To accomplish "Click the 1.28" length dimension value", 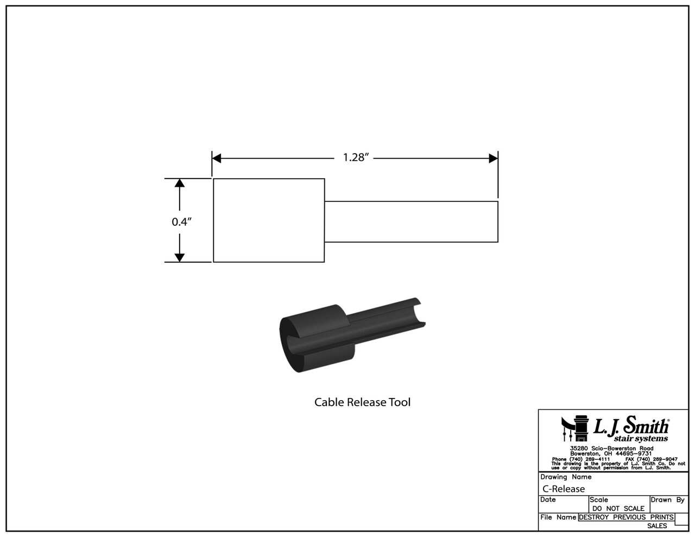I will tap(356, 158).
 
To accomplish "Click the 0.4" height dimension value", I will tap(182, 222).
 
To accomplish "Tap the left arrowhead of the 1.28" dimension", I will tap(217, 158).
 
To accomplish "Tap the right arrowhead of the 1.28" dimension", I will tap(493, 158).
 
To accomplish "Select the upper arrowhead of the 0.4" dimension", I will tap(180, 183).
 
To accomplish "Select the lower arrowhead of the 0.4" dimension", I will tap(180, 257).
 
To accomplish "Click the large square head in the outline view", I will tap(269, 220).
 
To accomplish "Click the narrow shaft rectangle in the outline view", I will tap(411, 222).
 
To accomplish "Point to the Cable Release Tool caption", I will tap(362, 402).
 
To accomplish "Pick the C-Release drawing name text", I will tap(564, 489).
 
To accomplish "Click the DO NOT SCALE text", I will tap(618, 508).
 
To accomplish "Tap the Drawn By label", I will tap(668, 500).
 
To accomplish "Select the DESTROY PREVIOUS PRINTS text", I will tap(625, 517).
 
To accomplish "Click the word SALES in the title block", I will tap(656, 526).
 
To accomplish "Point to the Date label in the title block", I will tap(548, 500).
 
